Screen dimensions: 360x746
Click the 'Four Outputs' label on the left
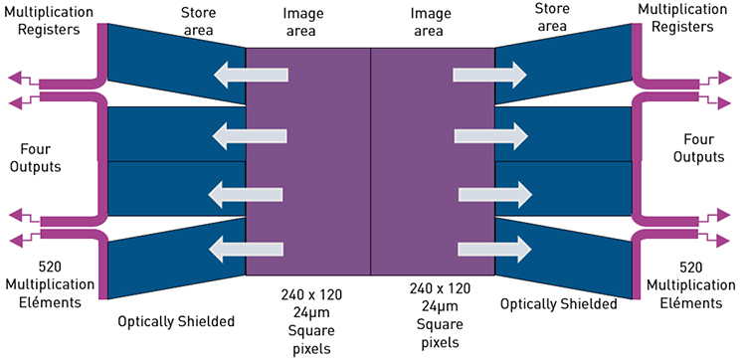pyautogui.click(x=38, y=159)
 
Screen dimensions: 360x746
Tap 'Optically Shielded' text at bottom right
pyautogui.click(x=558, y=302)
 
